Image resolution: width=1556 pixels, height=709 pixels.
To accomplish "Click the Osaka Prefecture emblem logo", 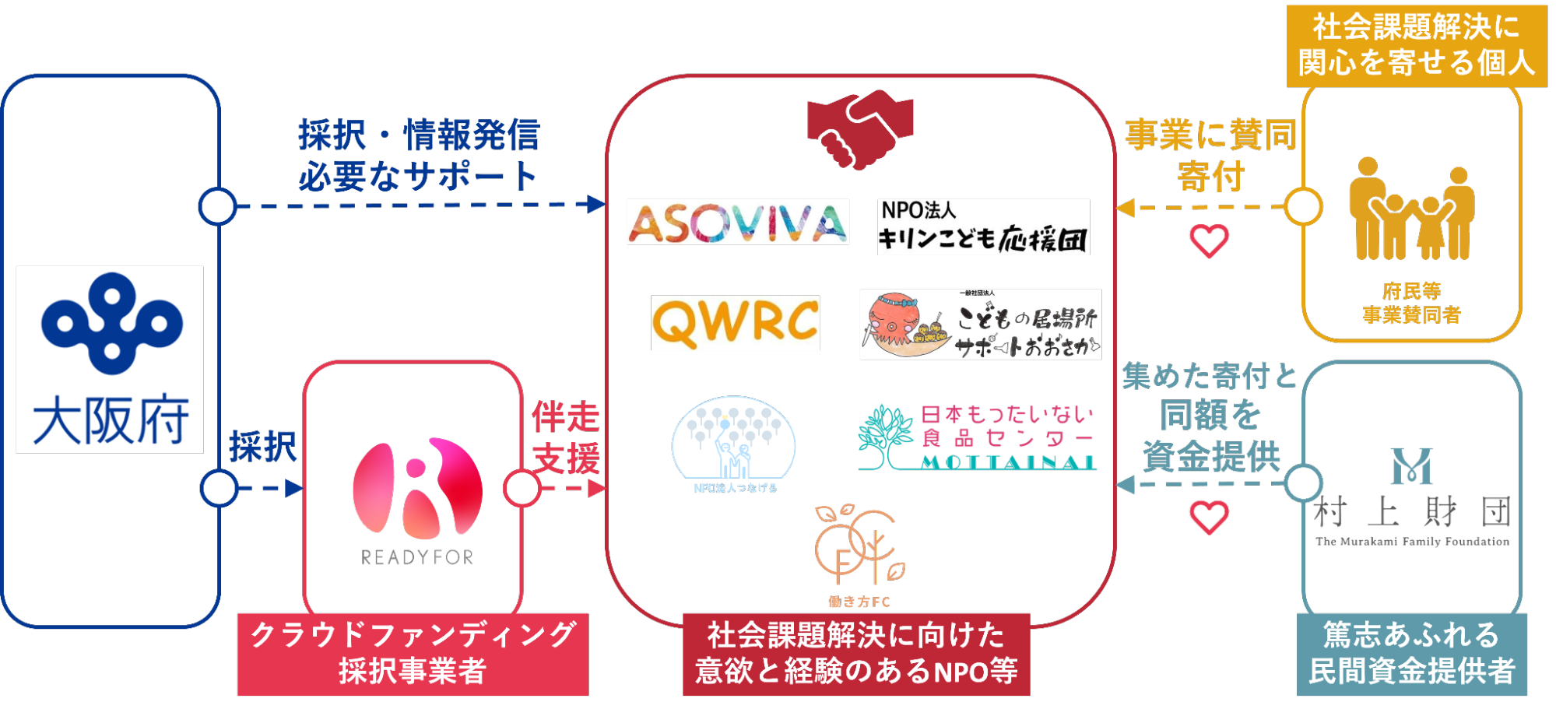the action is (x=111, y=322).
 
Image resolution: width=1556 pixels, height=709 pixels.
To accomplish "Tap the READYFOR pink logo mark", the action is (x=417, y=489).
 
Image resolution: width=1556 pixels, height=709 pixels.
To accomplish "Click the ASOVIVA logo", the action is (x=737, y=223).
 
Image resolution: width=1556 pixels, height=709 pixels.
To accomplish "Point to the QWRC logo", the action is (x=736, y=322).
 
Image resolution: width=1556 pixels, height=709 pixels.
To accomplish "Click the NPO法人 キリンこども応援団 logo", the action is (x=983, y=226).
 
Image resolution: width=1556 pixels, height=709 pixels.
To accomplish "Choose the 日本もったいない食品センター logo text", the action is (x=1007, y=426).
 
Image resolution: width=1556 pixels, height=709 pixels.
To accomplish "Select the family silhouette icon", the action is (x=1411, y=210).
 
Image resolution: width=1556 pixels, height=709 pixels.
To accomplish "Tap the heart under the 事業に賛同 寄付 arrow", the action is (x=1209, y=240).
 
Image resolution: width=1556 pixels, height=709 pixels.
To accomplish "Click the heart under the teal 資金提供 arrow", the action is (x=1209, y=518).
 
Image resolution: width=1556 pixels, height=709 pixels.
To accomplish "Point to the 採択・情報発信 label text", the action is (x=419, y=135).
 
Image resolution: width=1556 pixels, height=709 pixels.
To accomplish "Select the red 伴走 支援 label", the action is (x=566, y=437).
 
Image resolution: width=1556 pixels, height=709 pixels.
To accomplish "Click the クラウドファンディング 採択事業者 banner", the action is (x=413, y=654).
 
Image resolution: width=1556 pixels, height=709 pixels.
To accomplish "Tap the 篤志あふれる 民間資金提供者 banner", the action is (x=1411, y=654).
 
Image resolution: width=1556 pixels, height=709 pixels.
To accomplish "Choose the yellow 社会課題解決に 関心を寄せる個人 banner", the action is (x=1416, y=45).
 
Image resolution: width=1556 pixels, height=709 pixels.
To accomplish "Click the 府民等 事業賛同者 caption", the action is (x=1411, y=304).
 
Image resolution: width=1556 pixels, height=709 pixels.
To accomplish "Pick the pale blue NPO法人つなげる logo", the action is (x=734, y=444).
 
